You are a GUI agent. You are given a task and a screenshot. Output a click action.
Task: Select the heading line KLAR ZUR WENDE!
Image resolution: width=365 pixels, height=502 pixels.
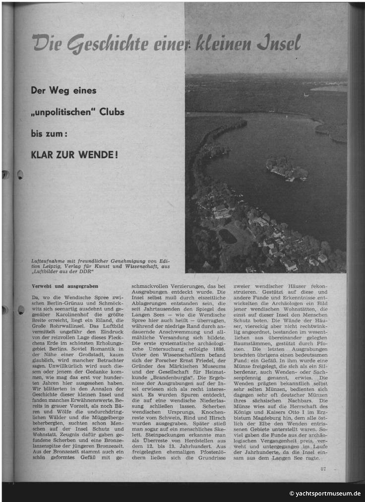(74, 154)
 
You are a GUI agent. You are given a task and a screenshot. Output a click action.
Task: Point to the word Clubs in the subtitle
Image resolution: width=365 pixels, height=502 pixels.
(110, 112)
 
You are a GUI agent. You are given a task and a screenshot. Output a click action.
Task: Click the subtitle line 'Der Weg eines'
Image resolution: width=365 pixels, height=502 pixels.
(63, 91)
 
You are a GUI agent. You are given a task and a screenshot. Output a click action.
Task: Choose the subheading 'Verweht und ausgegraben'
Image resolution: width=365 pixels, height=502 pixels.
(65, 286)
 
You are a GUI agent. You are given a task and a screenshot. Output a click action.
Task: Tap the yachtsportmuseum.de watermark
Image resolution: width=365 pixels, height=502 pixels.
(325, 493)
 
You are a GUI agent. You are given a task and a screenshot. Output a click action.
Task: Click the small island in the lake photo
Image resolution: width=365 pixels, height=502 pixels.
(287, 169)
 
